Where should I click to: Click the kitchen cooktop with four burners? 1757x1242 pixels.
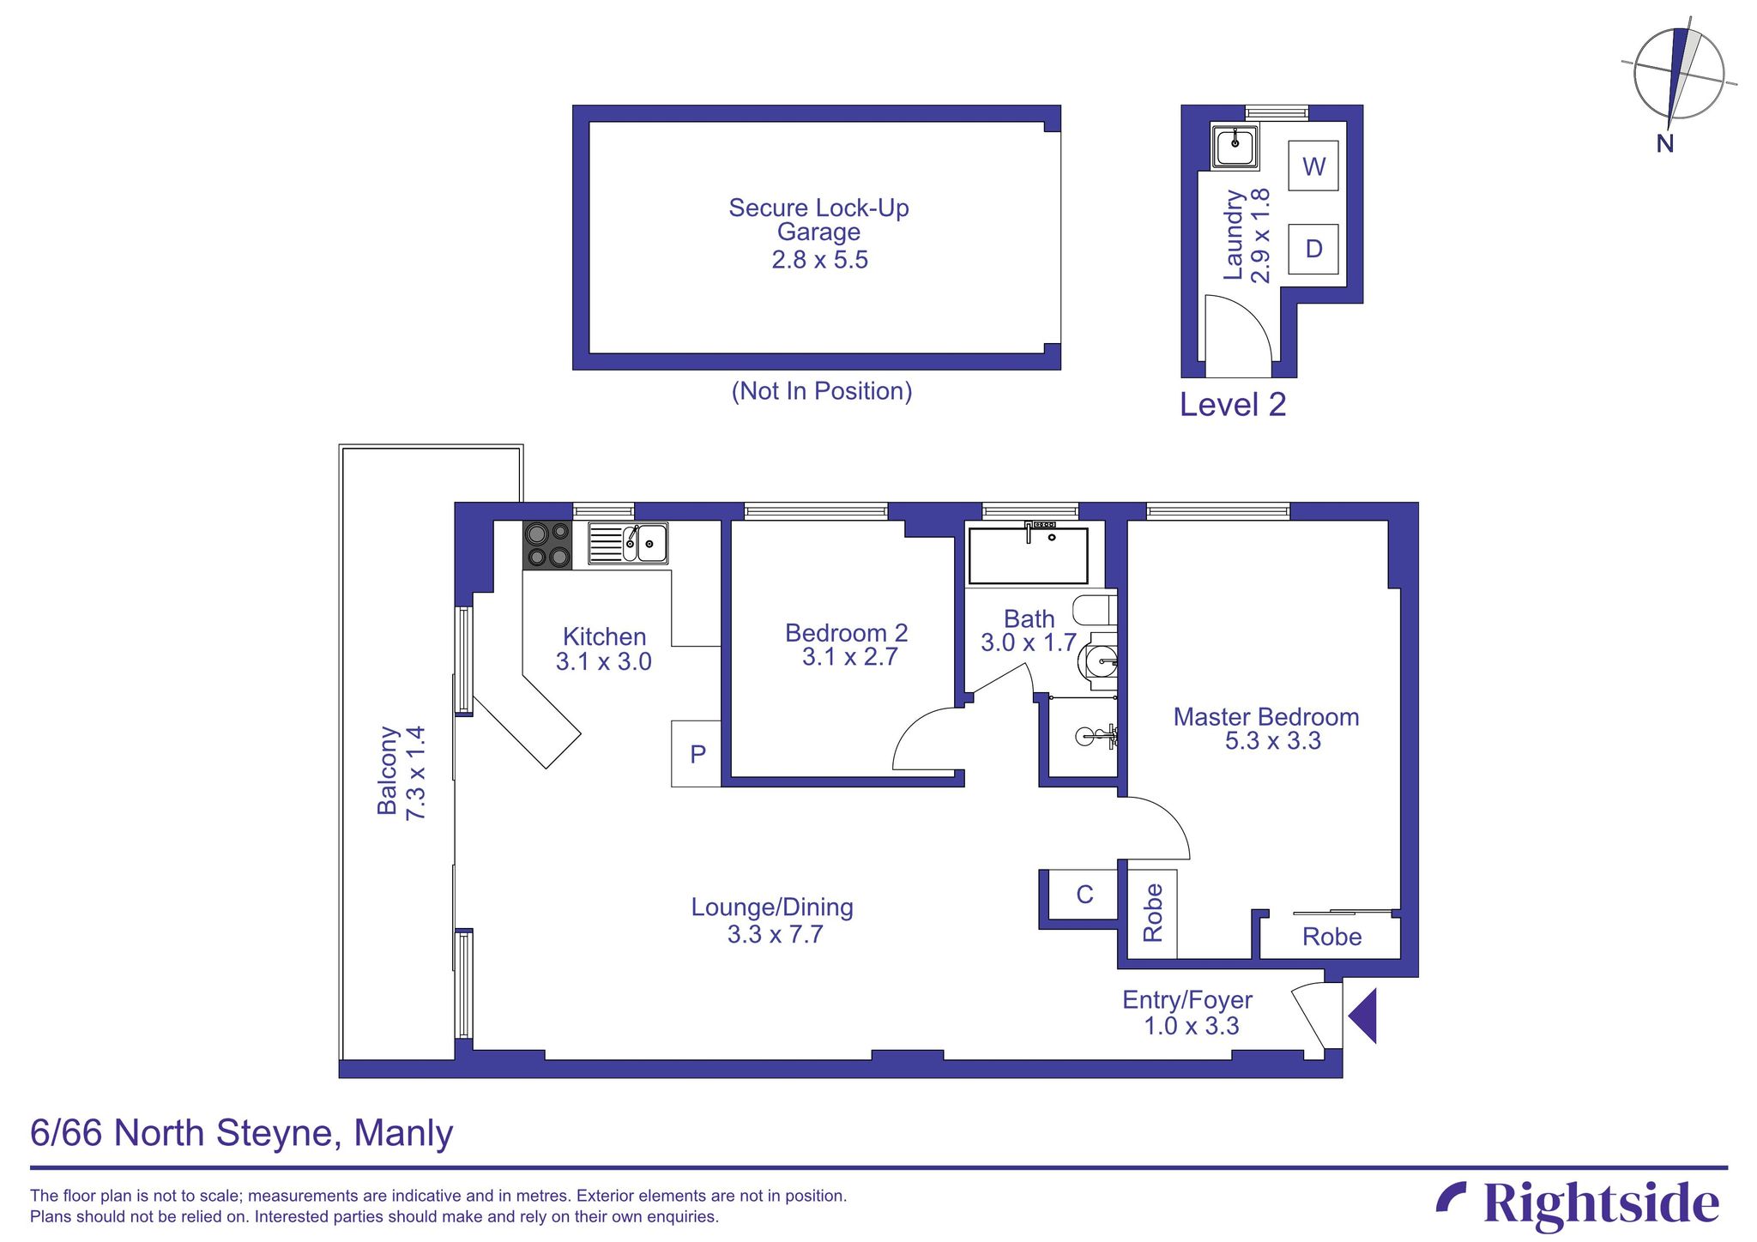548,546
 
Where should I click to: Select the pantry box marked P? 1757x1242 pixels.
697,754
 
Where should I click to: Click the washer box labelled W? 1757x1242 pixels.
1313,166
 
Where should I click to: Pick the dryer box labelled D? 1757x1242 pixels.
1313,249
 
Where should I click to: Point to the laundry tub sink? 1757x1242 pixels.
1235,146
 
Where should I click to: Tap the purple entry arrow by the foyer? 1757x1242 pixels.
1363,1016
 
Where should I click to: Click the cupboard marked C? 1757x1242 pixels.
1084,895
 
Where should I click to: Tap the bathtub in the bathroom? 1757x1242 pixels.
1028,556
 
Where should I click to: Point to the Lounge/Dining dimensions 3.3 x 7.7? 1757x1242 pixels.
775,934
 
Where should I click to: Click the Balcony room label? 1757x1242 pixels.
389,770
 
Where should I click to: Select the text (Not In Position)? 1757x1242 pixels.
821,391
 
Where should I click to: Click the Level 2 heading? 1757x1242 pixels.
1232,405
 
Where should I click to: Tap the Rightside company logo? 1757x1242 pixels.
1579,1204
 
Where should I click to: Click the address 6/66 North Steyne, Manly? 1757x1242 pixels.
241,1133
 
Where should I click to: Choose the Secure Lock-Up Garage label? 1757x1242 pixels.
818,220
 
